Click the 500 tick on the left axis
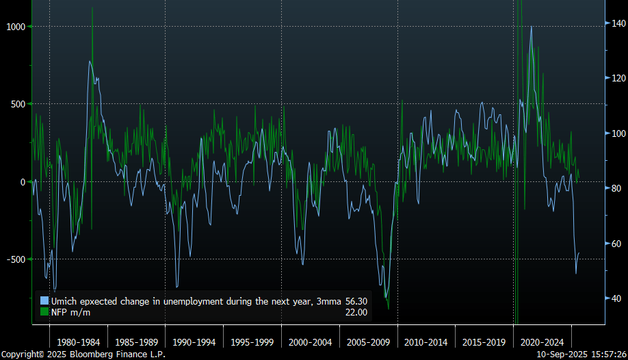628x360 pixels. pos(16,104)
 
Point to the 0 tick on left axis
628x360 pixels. pos(22,181)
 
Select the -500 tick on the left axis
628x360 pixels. pos(15,259)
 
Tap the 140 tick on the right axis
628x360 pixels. pos(618,23)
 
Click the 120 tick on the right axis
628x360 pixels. pos(618,78)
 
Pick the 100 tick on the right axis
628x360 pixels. pos(618,133)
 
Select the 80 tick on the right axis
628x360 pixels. pos(616,188)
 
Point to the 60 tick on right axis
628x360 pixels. pos(616,244)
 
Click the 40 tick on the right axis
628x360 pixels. pos(616,298)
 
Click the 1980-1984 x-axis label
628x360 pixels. pos(79,342)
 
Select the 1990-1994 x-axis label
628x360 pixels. pos(194,342)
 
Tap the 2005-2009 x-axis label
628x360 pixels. pos(369,342)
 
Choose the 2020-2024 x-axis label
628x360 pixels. pos(542,342)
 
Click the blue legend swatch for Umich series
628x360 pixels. pos(44,300)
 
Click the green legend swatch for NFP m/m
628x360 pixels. pos(44,312)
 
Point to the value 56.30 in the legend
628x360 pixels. pos(356,300)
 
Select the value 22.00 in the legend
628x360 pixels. pos(356,312)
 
